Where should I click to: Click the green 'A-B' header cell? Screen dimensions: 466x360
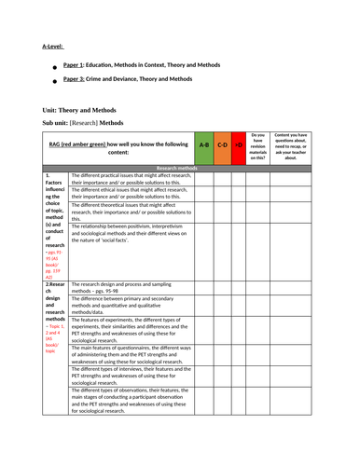[204, 145]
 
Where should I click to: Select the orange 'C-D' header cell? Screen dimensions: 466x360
[224, 145]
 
